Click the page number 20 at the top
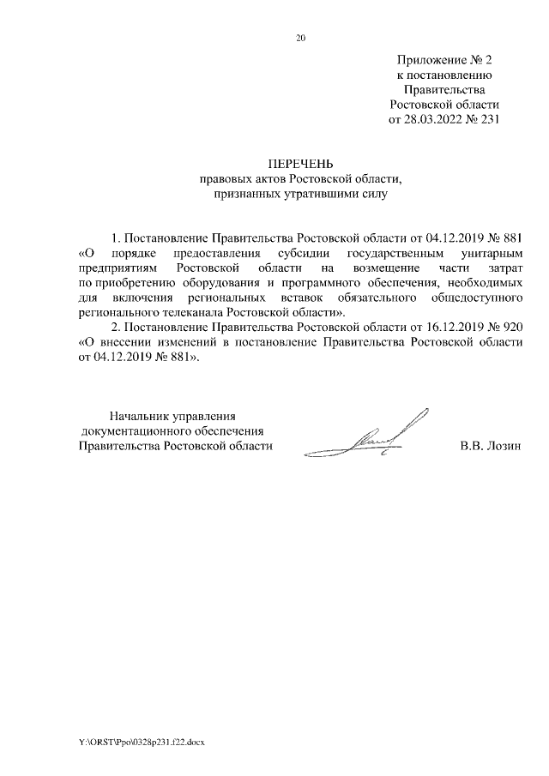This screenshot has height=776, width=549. (x=300, y=38)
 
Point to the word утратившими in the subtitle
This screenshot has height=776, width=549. (x=326, y=195)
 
